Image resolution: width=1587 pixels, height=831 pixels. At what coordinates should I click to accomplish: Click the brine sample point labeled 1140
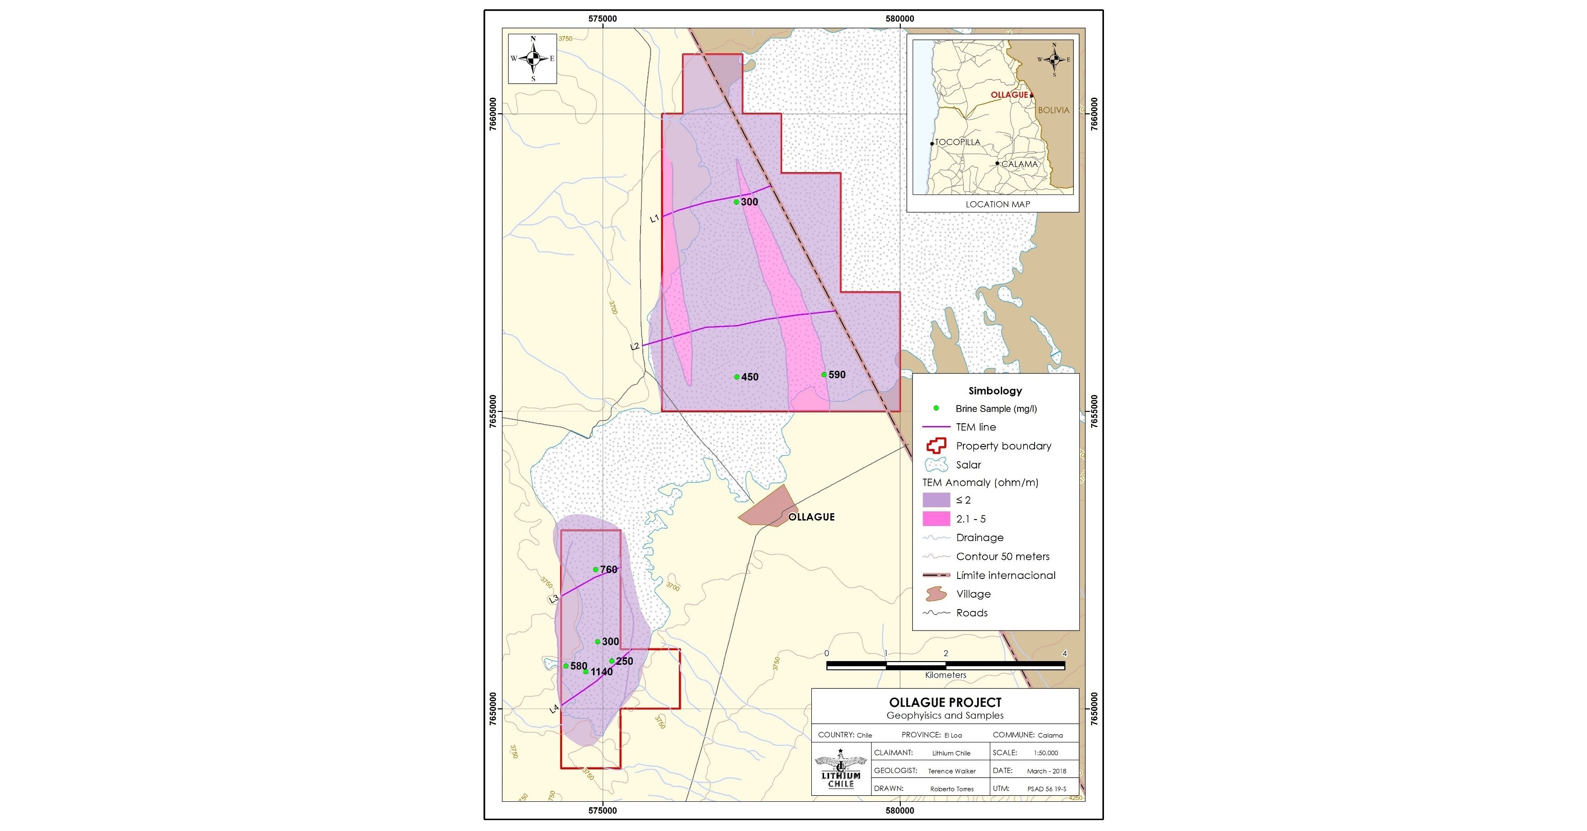click(x=586, y=672)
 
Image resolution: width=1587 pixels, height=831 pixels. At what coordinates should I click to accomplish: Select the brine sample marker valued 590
click(x=824, y=374)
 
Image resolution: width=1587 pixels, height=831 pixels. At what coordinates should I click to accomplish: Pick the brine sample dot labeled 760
click(x=596, y=570)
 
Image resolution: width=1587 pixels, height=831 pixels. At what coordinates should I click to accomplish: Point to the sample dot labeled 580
click(x=566, y=666)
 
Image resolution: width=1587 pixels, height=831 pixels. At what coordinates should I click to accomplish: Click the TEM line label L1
click(x=654, y=218)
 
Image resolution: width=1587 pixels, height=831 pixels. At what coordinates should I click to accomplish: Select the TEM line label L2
click(x=635, y=346)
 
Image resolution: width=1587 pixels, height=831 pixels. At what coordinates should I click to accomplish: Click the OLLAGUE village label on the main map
click(x=811, y=517)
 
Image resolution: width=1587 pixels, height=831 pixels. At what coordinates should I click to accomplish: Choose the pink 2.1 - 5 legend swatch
click(x=936, y=519)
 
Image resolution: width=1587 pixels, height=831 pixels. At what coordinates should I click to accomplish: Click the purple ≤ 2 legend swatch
click(x=936, y=500)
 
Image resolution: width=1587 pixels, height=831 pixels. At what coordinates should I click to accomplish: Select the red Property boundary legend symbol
click(x=936, y=445)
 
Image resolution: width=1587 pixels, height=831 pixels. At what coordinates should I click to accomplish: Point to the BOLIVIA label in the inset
click(x=1053, y=110)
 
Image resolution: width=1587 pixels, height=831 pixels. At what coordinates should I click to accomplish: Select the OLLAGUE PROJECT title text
click(x=945, y=702)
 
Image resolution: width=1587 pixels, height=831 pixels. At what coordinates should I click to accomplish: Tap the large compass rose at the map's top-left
click(x=533, y=58)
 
